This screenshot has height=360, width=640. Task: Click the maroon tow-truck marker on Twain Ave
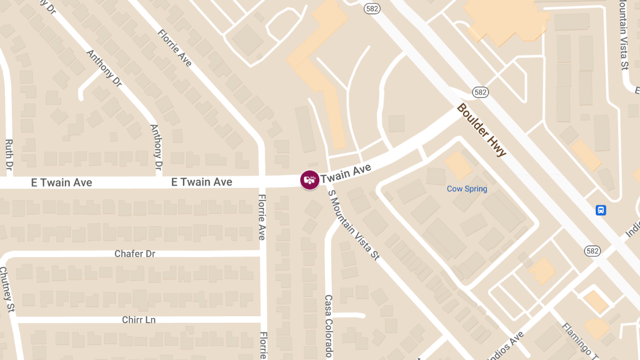(x=309, y=179)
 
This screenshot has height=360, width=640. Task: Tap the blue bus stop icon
(x=601, y=210)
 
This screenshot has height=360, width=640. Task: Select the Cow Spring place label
(x=467, y=189)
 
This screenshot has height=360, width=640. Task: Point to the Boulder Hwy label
(x=481, y=130)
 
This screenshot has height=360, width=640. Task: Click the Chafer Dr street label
(x=135, y=253)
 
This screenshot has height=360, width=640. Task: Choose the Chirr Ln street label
(x=139, y=320)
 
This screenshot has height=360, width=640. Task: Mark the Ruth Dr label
(x=9, y=155)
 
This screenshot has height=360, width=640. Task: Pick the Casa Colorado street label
(x=329, y=326)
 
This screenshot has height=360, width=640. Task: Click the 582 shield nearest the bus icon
(x=592, y=251)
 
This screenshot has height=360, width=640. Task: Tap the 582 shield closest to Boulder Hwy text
(x=481, y=92)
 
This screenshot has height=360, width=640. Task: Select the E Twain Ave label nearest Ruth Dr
(x=61, y=183)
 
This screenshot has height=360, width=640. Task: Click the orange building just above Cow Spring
(x=458, y=165)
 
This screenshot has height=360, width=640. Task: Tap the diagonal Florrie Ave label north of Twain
(x=174, y=47)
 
